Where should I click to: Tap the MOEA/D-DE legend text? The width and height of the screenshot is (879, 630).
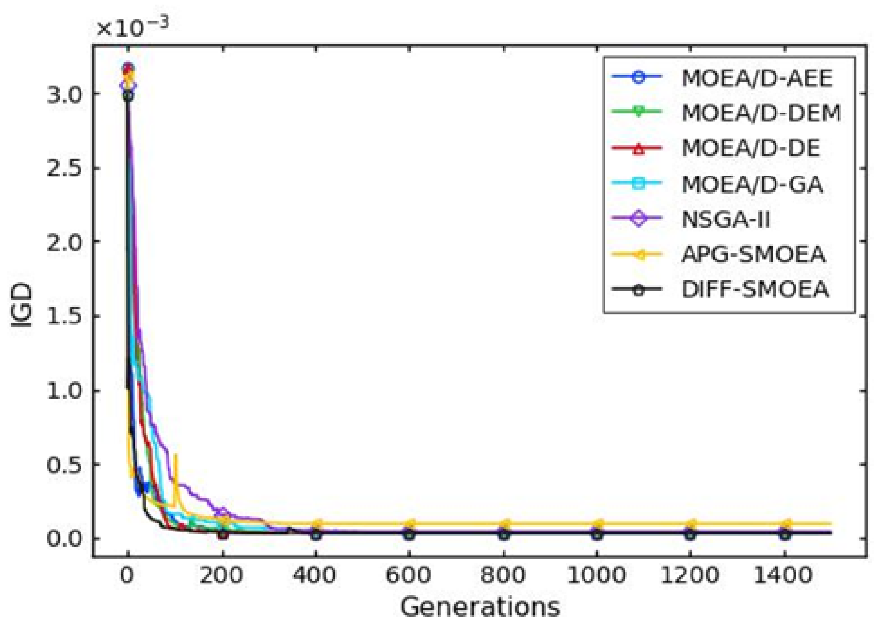pyautogui.click(x=751, y=148)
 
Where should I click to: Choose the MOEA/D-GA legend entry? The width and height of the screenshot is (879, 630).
pyautogui.click(x=752, y=184)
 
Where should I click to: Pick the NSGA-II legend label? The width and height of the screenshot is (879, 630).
pyautogui.click(x=725, y=220)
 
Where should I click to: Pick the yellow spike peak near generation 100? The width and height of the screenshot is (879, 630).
pyautogui.click(x=177, y=455)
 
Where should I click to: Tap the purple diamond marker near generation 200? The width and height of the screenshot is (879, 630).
pyautogui.click(x=222, y=511)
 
